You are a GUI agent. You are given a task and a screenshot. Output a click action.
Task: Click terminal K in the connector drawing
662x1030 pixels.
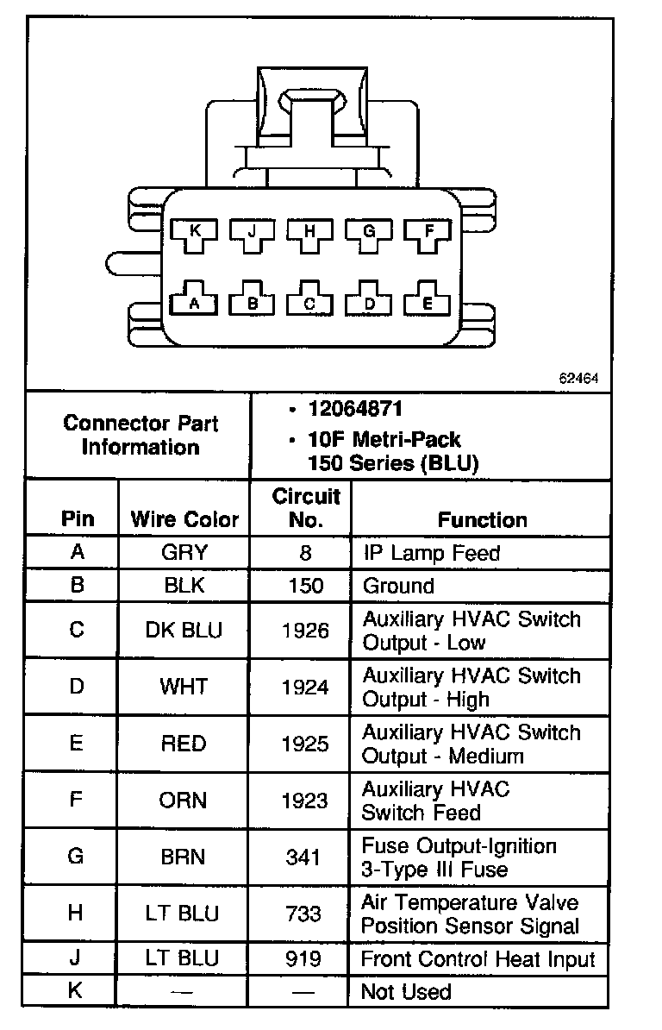point(195,232)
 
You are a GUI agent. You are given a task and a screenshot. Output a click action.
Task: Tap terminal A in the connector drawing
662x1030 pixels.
point(195,302)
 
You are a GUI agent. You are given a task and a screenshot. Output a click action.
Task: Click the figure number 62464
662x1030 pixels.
point(578,378)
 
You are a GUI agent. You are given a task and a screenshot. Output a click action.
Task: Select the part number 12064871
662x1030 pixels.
point(355,408)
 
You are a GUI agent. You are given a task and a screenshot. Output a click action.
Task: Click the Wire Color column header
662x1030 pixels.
point(184,519)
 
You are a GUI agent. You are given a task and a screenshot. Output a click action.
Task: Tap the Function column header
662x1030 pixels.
point(482,519)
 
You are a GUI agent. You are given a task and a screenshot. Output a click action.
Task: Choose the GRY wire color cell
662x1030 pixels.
point(184,552)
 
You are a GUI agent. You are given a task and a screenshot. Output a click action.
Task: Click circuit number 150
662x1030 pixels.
point(304,586)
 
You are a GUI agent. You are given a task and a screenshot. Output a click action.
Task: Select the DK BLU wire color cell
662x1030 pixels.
point(184,631)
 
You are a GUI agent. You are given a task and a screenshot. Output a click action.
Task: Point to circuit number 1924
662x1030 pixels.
point(304,688)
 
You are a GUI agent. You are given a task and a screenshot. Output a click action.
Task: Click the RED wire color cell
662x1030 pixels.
point(184,744)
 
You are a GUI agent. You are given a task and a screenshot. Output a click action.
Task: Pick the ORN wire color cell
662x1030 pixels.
point(184,801)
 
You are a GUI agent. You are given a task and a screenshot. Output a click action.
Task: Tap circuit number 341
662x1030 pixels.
point(304,857)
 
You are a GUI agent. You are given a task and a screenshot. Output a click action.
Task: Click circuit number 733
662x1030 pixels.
point(304,914)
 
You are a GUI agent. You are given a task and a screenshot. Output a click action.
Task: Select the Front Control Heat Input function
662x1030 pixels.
point(478,958)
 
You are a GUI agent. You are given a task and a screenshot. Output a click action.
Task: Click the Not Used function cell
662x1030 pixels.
point(406,992)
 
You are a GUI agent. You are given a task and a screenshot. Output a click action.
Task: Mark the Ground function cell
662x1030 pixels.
point(398,586)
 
